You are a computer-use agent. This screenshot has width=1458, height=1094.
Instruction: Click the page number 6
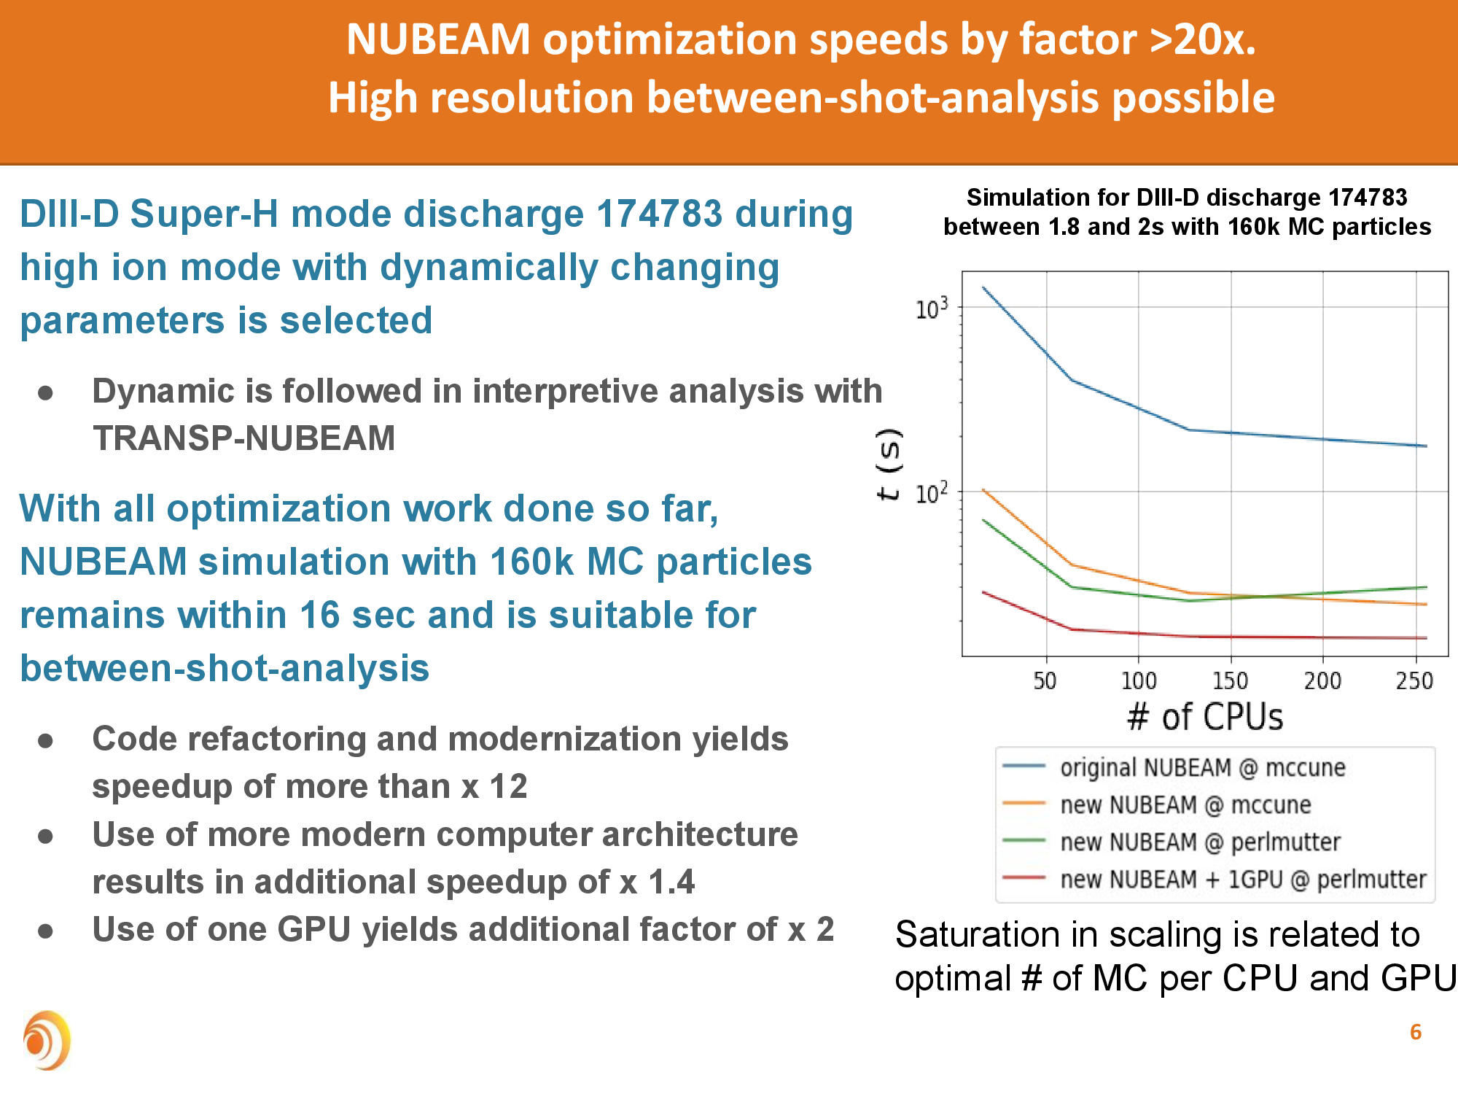(x=1415, y=1032)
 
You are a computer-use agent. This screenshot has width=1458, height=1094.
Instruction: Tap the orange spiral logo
(x=47, y=1041)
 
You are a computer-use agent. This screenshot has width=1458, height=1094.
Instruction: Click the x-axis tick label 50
(x=1045, y=681)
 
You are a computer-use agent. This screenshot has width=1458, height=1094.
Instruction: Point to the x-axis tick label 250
(x=1414, y=681)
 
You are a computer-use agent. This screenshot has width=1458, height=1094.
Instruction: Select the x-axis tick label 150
(x=1230, y=681)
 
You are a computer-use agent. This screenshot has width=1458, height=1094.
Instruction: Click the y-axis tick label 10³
(x=932, y=309)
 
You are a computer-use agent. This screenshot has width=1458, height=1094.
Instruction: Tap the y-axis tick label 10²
(x=932, y=494)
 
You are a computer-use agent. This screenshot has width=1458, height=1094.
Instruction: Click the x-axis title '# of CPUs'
(x=1205, y=717)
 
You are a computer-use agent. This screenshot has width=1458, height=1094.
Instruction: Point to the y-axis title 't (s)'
(x=889, y=465)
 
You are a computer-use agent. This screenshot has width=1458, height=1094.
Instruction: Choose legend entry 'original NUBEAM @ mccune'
(x=1202, y=767)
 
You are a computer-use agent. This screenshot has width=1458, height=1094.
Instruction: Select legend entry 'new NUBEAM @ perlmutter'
(x=1200, y=842)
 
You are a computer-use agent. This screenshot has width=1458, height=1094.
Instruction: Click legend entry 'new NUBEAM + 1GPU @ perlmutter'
(x=1242, y=879)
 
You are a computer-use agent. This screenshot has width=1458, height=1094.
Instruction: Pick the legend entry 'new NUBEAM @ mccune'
(x=1185, y=804)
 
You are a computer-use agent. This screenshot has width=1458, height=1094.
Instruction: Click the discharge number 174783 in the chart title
(x=1368, y=198)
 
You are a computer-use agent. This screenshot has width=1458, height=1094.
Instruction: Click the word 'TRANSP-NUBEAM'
(x=243, y=438)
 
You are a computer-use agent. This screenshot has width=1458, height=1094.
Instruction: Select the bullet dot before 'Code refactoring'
(x=46, y=741)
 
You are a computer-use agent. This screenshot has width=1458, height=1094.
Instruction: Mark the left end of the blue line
(x=983, y=287)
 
